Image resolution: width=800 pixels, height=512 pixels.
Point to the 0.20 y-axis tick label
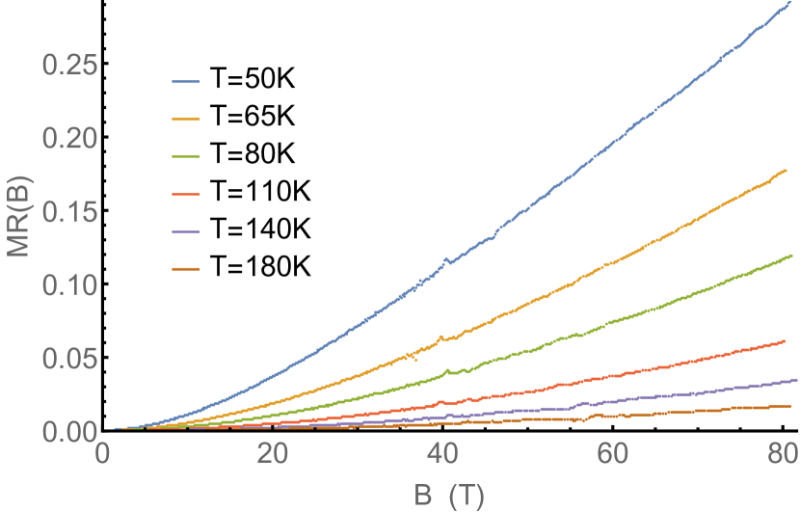point(69,139)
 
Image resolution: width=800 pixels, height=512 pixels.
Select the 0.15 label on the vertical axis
point(69,212)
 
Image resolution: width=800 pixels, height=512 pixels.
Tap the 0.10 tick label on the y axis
point(69,285)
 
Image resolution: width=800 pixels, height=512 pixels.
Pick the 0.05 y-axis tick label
point(69,359)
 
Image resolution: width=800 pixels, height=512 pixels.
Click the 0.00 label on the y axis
point(69,431)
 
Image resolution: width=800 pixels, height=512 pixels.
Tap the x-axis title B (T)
point(448,495)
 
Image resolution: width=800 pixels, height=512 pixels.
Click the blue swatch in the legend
point(185,83)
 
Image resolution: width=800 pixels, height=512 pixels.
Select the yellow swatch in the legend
point(185,120)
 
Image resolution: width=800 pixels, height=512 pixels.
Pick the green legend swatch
point(185,156)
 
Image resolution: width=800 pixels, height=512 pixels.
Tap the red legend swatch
point(185,194)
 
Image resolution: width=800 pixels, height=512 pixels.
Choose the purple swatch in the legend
point(185,231)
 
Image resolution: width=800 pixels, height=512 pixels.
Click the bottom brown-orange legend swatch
point(185,269)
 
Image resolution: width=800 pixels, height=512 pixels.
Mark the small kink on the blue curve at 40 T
point(444,259)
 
